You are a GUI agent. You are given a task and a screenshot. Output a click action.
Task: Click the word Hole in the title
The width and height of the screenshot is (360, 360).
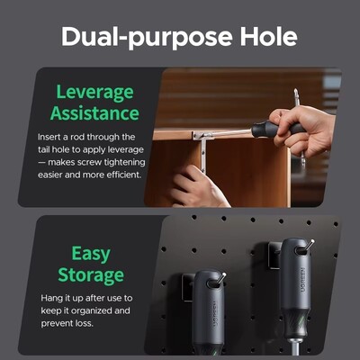(x=269, y=36)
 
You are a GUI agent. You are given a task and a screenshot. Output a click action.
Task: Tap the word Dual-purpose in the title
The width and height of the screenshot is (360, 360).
(x=147, y=38)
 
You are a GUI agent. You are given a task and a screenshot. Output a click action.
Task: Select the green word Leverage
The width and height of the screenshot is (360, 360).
(x=94, y=93)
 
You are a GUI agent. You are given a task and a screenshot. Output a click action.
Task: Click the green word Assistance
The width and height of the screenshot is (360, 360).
(x=94, y=113)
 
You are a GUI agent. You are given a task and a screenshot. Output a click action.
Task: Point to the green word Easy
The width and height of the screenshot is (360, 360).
(x=91, y=255)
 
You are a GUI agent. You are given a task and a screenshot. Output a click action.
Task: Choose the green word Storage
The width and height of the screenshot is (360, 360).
(x=91, y=275)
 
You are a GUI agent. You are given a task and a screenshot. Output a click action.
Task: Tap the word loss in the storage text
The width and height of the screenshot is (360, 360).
(x=86, y=323)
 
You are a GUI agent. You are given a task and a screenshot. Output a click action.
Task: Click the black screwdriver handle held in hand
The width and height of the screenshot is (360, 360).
(x=277, y=129)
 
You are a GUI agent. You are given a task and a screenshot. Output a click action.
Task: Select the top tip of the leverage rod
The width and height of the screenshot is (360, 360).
(x=296, y=89)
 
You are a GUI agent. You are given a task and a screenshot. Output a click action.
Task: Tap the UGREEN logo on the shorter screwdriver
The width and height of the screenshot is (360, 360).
(x=215, y=314)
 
